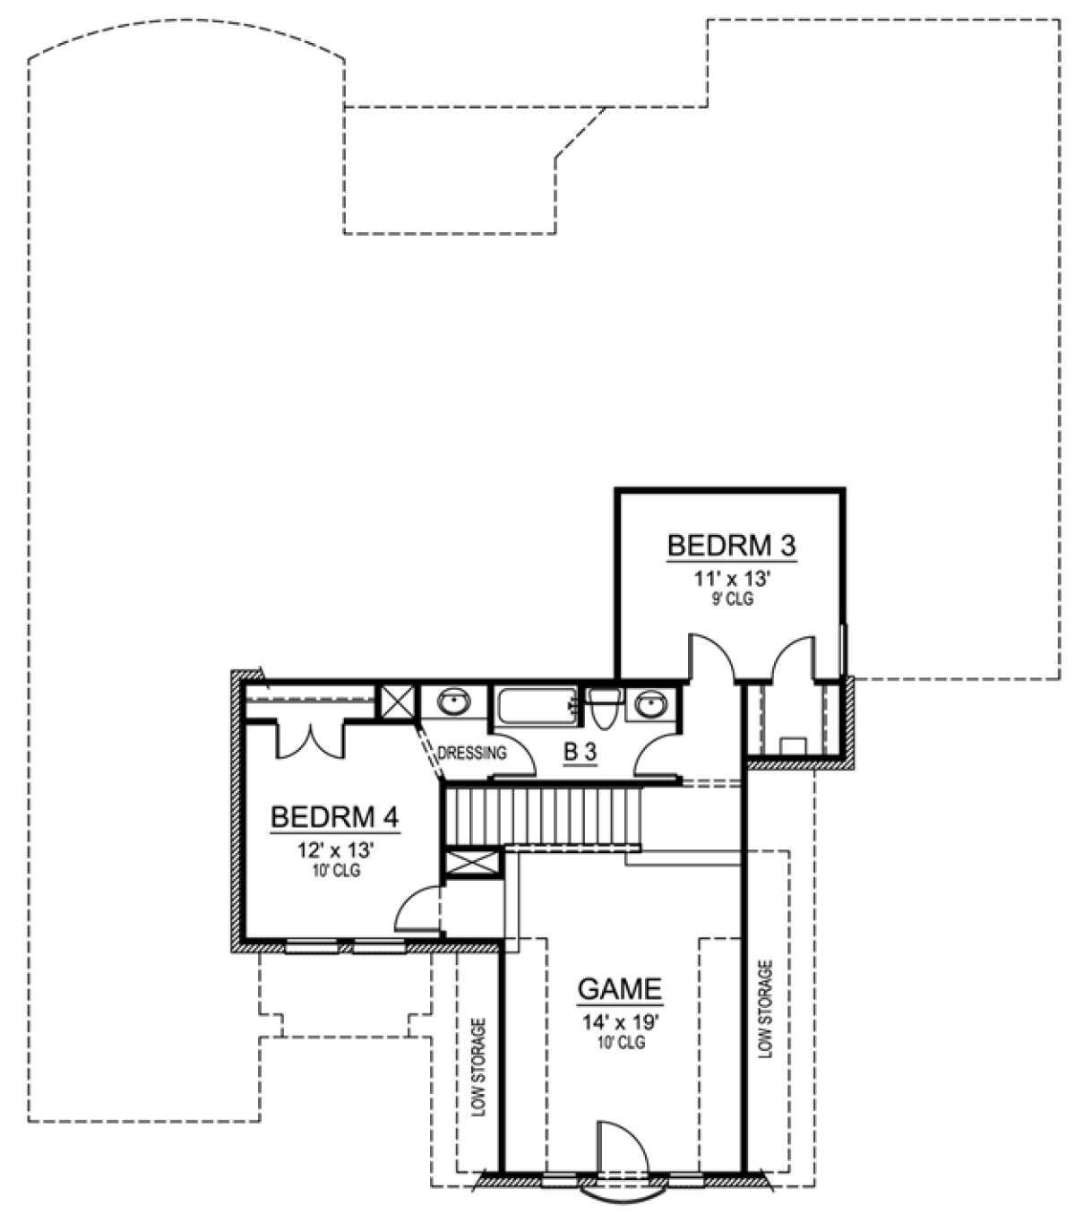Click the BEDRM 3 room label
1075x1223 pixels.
point(732,545)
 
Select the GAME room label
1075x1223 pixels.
point(620,989)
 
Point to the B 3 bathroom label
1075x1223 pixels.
point(580,754)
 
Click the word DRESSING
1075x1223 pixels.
point(472,753)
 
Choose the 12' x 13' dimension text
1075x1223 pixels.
point(335,852)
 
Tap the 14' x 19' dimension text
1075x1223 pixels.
point(620,1023)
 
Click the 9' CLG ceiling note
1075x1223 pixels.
point(732,599)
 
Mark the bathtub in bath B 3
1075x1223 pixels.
point(536,704)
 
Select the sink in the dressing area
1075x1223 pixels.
point(453,702)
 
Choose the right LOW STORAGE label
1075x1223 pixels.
point(765,1010)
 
